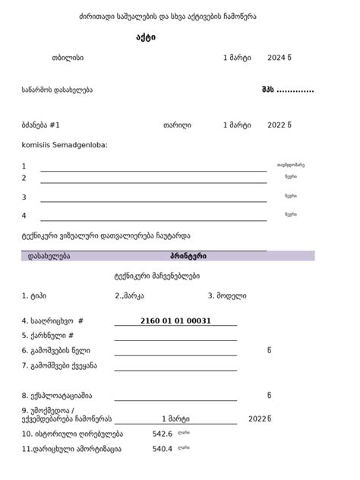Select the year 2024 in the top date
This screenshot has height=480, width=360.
276,58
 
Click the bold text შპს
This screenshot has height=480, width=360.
267,90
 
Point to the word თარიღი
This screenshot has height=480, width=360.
177,125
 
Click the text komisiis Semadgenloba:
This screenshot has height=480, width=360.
65,144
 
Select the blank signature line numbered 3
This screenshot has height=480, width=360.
153,201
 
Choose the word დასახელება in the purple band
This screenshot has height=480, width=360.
49,256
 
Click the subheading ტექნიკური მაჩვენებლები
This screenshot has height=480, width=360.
156,276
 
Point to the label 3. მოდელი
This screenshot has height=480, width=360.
226,295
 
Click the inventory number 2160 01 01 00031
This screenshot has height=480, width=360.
175,321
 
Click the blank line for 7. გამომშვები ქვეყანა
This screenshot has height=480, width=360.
175,369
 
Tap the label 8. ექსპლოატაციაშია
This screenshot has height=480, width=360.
57,395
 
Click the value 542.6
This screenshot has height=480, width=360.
163,434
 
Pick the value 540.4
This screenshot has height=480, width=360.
163,449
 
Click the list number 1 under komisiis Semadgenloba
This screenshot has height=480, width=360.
24,166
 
